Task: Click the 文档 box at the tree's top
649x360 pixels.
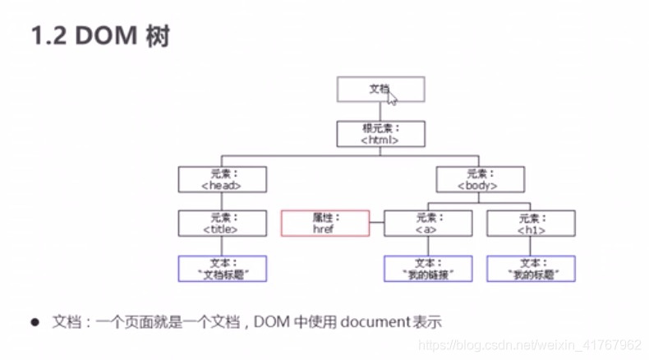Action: point(380,89)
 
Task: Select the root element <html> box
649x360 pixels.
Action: point(380,134)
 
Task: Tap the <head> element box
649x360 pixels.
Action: point(222,179)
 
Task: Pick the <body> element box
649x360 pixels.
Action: point(480,179)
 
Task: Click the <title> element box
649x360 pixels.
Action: point(222,224)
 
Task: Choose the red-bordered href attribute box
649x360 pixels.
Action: point(324,224)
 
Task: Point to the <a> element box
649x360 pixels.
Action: point(428,224)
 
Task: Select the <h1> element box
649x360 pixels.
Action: point(531,224)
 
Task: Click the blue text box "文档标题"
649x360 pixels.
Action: point(222,269)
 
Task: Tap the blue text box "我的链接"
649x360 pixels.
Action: point(428,269)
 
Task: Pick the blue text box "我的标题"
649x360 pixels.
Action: point(531,269)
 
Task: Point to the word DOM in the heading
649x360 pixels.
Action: point(104,38)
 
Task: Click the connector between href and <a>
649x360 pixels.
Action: point(376,224)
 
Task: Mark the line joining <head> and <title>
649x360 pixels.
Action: point(222,201)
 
